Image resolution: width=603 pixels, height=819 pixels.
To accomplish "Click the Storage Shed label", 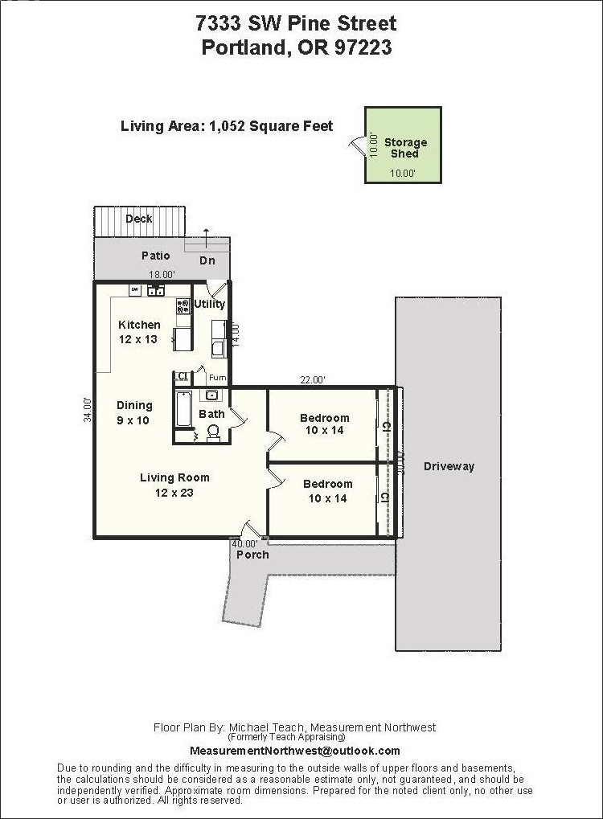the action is pos(405,148).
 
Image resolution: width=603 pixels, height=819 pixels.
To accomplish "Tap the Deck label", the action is pos(139,219).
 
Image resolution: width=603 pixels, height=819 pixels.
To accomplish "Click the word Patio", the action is pos(156,256).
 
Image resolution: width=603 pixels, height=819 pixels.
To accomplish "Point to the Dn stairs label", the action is pos(207,260).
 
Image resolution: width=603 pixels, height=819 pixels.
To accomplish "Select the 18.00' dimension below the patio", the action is pos(161,274).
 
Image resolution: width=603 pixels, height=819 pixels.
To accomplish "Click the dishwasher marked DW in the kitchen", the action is pos(135,289).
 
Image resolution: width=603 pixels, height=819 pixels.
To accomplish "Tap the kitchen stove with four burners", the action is pos(183,305).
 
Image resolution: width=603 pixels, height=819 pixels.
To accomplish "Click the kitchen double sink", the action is pos(156,290).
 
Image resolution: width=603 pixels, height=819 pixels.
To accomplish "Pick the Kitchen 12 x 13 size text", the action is pos(138,332).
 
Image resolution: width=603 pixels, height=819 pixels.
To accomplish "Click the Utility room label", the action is pos(210,304).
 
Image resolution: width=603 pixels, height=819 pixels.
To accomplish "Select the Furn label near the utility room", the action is pos(218,377).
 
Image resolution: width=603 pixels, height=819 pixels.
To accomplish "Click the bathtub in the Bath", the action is pos(183,408).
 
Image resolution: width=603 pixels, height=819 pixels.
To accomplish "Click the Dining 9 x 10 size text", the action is pos(133,412).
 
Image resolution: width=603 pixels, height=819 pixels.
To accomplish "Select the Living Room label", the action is pos(174,477).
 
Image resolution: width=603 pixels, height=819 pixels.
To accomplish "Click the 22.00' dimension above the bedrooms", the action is pos(313,380).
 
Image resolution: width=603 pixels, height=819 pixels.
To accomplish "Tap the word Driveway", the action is pos(449,466).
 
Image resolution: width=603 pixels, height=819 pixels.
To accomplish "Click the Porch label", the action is pos(252,555).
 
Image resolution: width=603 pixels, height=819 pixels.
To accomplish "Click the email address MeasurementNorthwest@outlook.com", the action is pos(295,751).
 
